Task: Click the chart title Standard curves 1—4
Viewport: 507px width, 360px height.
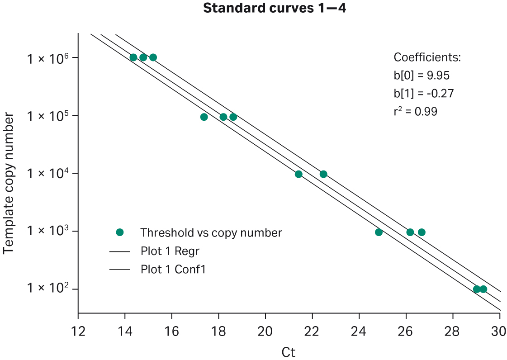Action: click(x=275, y=8)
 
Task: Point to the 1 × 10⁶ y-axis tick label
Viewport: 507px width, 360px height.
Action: click(x=43, y=58)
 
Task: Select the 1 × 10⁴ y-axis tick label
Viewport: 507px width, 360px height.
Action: click(x=43, y=174)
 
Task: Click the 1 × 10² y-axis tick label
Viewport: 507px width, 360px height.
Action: click(x=43, y=289)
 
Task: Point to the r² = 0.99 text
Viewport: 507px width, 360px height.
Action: click(x=415, y=111)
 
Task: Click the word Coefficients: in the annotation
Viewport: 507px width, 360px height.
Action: click(x=427, y=58)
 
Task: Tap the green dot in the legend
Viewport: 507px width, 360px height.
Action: click(x=120, y=232)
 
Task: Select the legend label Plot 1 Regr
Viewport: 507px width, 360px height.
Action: click(x=170, y=251)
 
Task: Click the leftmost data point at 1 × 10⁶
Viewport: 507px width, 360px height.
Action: click(x=133, y=57)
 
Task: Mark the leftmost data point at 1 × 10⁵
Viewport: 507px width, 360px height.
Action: click(x=204, y=117)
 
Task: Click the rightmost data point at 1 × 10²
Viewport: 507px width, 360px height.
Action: click(x=483, y=289)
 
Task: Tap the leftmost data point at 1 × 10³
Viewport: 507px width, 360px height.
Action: click(x=379, y=232)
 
